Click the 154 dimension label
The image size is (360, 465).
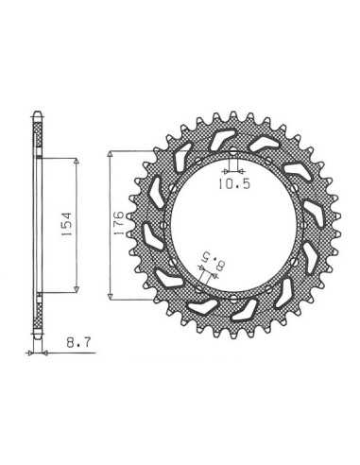(68, 224)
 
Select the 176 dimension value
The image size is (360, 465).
(119, 223)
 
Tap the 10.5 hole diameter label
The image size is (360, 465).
(234, 183)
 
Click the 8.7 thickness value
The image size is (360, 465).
(78, 342)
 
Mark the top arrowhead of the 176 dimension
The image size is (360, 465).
(111, 154)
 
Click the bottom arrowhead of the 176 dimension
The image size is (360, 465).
(111, 297)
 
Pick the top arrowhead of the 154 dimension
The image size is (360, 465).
(76, 161)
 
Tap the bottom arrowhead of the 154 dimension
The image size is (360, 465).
(76, 289)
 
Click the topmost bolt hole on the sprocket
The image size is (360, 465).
(233, 151)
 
